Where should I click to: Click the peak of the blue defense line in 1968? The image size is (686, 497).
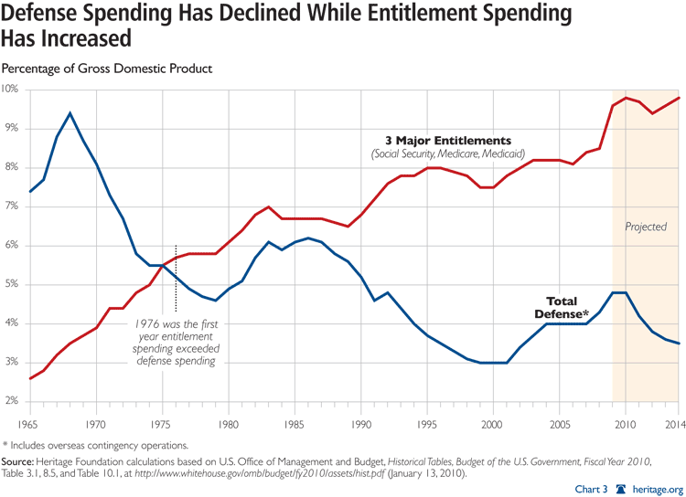coord(70,113)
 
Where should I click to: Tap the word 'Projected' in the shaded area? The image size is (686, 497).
coord(646,227)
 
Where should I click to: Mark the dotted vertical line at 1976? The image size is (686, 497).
coord(176,280)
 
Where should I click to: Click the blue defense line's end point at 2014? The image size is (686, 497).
coord(678,344)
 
